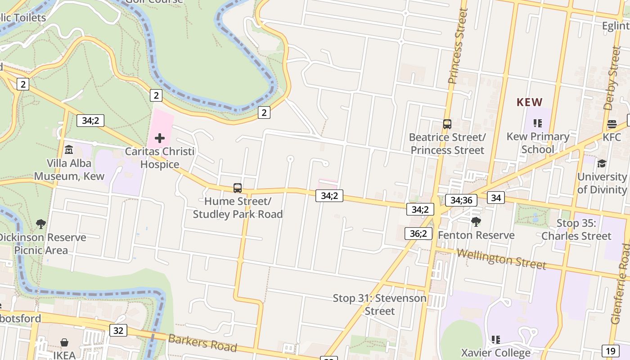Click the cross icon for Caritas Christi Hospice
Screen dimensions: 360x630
pos(160,138)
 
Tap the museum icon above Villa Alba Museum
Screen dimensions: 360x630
pos(69,149)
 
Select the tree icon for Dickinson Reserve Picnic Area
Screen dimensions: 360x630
pos(41,224)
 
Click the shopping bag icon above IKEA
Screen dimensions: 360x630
pos(64,343)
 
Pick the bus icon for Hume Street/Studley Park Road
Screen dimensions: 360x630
pos(238,188)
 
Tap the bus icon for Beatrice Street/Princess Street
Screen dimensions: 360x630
pos(447,124)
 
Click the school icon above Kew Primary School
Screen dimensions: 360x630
pos(537,123)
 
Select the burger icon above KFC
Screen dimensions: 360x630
pos(612,124)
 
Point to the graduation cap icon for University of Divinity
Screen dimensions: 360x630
pos(602,163)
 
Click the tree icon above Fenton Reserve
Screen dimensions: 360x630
pos(476,222)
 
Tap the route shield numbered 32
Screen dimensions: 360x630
pos(118,331)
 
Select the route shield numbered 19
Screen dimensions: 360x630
pos(610,351)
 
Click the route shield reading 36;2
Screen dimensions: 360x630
pos(418,234)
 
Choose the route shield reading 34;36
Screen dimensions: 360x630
pos(461,200)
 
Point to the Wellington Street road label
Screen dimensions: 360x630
pos(501,259)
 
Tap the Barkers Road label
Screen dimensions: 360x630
pos(202,343)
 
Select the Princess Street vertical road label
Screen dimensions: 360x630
pos(458,46)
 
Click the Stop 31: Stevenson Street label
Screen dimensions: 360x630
pos(380,305)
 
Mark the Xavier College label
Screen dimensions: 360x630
pos(495,353)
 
